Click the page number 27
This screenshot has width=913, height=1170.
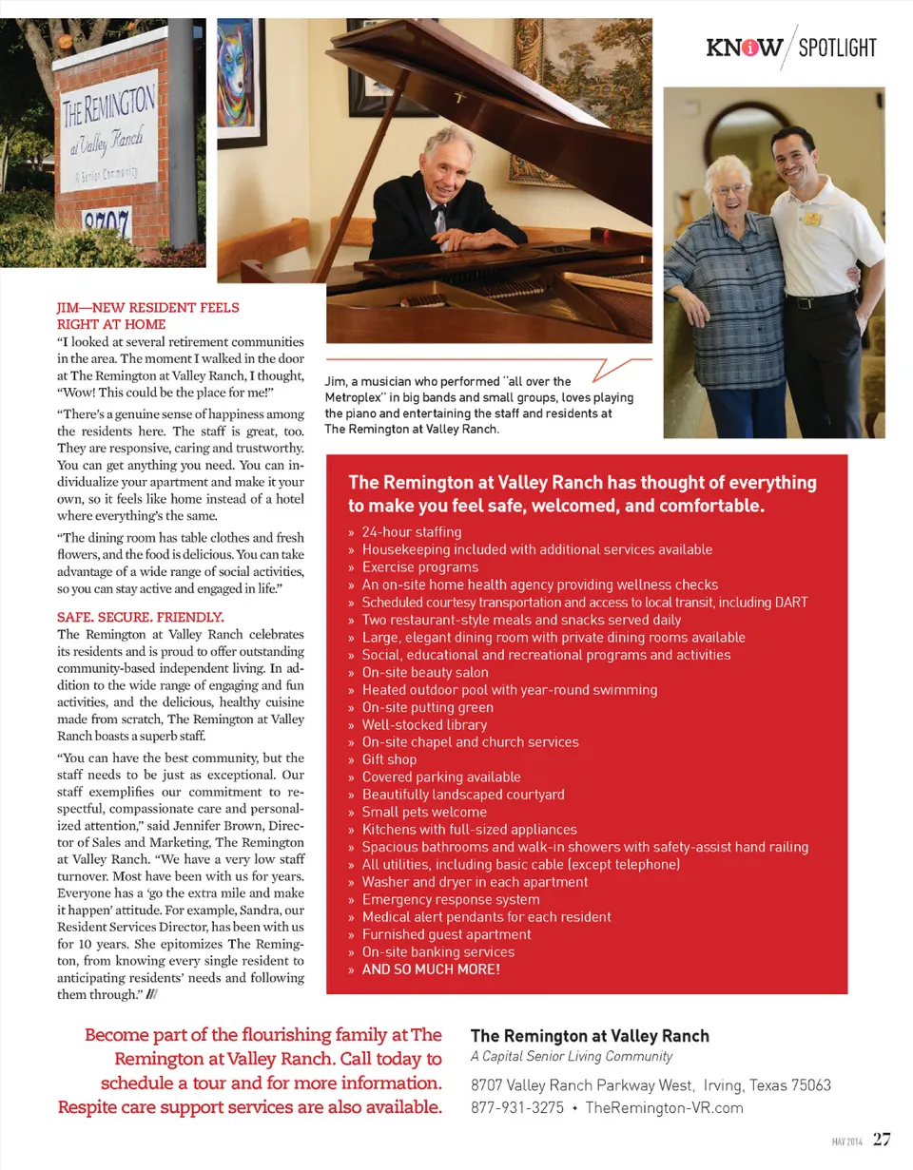(882, 1140)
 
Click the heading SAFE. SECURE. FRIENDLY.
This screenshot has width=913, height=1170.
(141, 616)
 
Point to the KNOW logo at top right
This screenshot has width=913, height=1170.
(745, 48)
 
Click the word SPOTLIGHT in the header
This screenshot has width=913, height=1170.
(837, 48)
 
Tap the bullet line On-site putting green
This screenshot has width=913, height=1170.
(427, 707)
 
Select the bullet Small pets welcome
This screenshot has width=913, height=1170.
(423, 813)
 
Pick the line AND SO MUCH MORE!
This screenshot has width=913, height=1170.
(431, 970)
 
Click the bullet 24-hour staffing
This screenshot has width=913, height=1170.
(411, 532)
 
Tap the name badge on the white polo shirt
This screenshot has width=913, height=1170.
(810, 219)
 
